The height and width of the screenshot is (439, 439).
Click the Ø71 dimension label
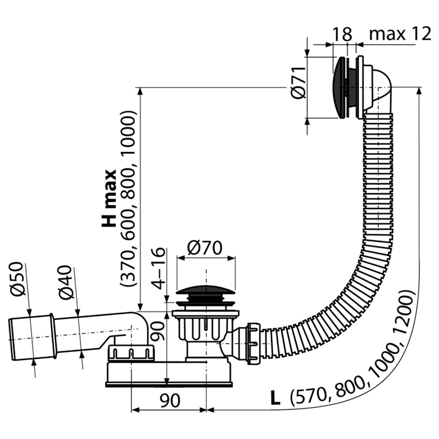point(298,83)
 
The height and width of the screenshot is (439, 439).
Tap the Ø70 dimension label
point(205,248)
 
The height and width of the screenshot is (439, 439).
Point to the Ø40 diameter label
point(65,282)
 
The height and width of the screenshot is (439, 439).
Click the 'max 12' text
point(400,34)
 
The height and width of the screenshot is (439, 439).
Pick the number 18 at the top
point(342,34)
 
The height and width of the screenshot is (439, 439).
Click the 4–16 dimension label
point(158,268)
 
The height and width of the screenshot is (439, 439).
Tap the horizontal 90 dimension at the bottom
point(170,401)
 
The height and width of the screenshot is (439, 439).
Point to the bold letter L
point(275,398)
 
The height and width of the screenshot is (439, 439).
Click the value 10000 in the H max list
point(128,133)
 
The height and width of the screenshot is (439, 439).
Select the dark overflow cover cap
point(339,87)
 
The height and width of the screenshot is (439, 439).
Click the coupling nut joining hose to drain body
point(254,344)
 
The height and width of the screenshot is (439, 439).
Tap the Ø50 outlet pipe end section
point(31,338)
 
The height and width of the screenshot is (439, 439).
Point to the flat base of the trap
point(169,385)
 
